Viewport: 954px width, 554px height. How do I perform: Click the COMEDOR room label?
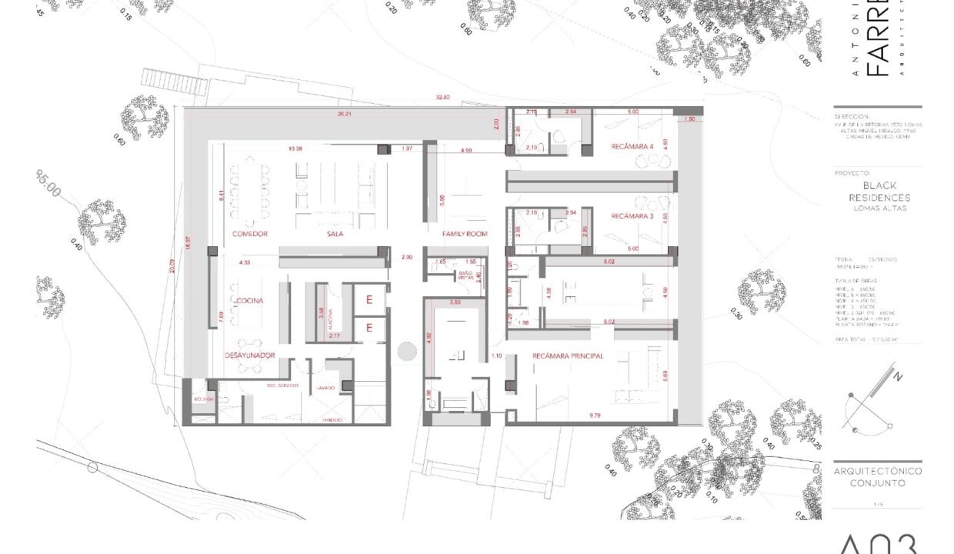tap(250, 233)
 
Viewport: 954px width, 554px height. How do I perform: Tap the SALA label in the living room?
tap(335, 233)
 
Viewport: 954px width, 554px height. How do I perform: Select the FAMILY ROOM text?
tap(465, 233)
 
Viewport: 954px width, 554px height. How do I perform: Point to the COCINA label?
tap(251, 300)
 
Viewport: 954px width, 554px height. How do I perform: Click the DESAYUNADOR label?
tap(250, 355)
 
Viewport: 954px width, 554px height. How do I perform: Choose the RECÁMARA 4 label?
tap(632, 146)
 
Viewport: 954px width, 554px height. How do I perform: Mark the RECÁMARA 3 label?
tap(632, 217)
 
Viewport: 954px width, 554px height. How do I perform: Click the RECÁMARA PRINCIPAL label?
tap(568, 356)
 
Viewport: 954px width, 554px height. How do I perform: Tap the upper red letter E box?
tap(369, 300)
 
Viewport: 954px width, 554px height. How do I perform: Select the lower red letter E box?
tap(369, 329)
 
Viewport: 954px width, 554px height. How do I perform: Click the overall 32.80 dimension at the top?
tap(442, 98)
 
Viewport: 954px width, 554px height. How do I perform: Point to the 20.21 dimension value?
tap(344, 114)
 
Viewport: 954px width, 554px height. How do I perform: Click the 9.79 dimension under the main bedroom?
tap(595, 415)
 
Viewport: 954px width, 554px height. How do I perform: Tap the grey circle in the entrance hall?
tap(407, 352)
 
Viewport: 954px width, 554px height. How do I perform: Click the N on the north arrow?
tap(897, 377)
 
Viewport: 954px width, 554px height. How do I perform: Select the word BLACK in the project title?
tap(878, 185)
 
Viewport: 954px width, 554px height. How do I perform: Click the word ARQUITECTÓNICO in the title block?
tap(878, 471)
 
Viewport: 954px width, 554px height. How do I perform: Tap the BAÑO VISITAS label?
tap(466, 275)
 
